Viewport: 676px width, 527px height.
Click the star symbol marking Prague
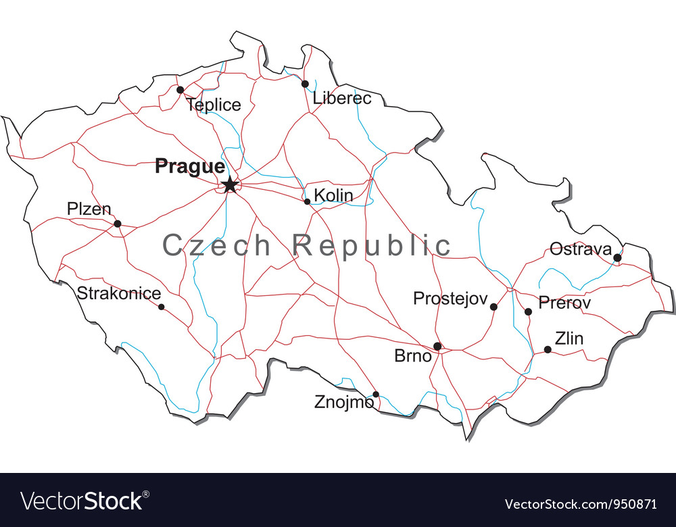click(x=230, y=184)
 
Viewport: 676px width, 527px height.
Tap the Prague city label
click(x=190, y=166)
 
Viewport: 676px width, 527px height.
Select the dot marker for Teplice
click(x=180, y=90)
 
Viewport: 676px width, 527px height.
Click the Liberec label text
click(x=342, y=99)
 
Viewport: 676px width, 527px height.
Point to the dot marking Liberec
click(x=305, y=84)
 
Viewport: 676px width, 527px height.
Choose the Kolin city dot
click(x=307, y=201)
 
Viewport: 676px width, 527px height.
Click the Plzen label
click(x=89, y=209)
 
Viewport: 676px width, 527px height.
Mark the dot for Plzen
click(x=117, y=224)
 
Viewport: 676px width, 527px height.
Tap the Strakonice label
click(x=119, y=293)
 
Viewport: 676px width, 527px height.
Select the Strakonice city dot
click(x=161, y=307)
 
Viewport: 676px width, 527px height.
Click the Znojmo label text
click(x=343, y=403)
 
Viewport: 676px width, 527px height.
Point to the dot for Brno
click(x=437, y=346)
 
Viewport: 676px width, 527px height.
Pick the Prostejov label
click(x=449, y=298)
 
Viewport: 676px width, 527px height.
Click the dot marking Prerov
click(x=528, y=311)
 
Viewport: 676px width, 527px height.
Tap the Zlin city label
click(x=569, y=338)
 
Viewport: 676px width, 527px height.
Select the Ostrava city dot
click(x=617, y=257)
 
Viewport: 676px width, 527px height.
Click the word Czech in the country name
click(x=216, y=245)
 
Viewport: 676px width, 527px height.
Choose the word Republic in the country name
click(x=372, y=245)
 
